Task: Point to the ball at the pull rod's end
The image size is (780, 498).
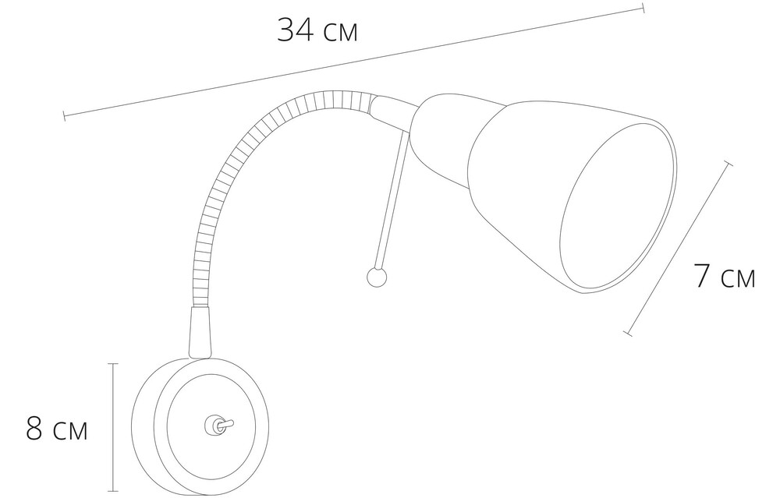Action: pos(376,277)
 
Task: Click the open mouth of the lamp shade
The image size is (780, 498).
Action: pos(619,207)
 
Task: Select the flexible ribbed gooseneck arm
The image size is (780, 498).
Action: pos(249,164)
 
